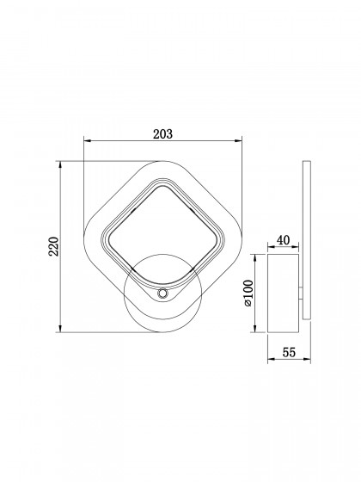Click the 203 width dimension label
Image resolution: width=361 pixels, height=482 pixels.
coord(163,134)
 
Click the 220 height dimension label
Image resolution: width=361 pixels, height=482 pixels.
coord(54,246)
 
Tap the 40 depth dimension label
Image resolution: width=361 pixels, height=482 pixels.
coord(283,240)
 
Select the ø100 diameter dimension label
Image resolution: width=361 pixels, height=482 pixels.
coord(248,293)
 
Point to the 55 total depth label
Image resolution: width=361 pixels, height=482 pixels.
coord(289,352)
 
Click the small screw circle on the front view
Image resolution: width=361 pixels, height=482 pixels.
coord(162,294)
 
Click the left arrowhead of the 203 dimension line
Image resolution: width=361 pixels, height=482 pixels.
coord(88,141)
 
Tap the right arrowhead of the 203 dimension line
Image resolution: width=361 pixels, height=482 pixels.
coord(239,141)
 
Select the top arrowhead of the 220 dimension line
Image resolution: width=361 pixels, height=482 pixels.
coord(60,164)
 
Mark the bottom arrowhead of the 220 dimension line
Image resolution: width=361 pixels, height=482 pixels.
coord(60,329)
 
